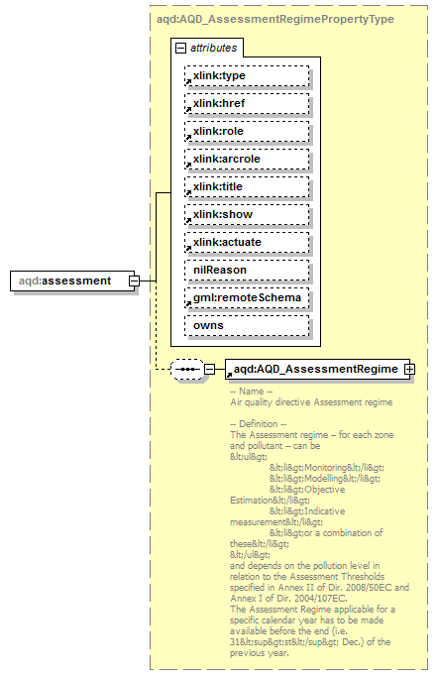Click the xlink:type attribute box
point(247,75)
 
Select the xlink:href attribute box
point(247,103)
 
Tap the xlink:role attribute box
point(247,131)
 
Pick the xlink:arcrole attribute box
point(247,159)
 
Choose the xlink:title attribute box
point(247,186)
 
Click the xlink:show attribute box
point(247,214)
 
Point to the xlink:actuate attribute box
point(247,242)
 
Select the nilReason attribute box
point(247,270)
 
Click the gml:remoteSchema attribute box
point(247,297)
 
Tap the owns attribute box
point(247,325)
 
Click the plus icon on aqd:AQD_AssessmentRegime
point(408,369)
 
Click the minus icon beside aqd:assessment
point(133,281)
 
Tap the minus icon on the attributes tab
point(180,48)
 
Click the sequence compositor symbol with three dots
point(186,369)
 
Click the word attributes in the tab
point(213,48)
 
